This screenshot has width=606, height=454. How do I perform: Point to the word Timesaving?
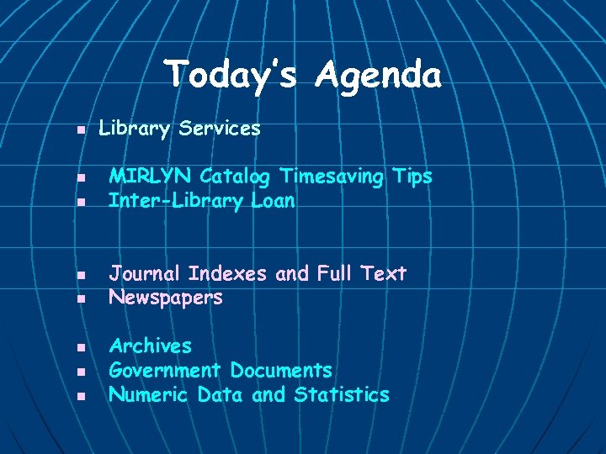(x=332, y=177)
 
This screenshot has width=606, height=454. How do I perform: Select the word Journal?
(x=146, y=274)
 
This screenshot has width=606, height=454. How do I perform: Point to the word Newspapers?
(x=166, y=298)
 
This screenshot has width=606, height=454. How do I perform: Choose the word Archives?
(x=151, y=346)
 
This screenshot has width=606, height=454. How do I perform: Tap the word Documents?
(x=281, y=370)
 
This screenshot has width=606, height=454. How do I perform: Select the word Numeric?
(x=150, y=394)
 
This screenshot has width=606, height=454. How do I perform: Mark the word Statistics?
(x=342, y=394)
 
